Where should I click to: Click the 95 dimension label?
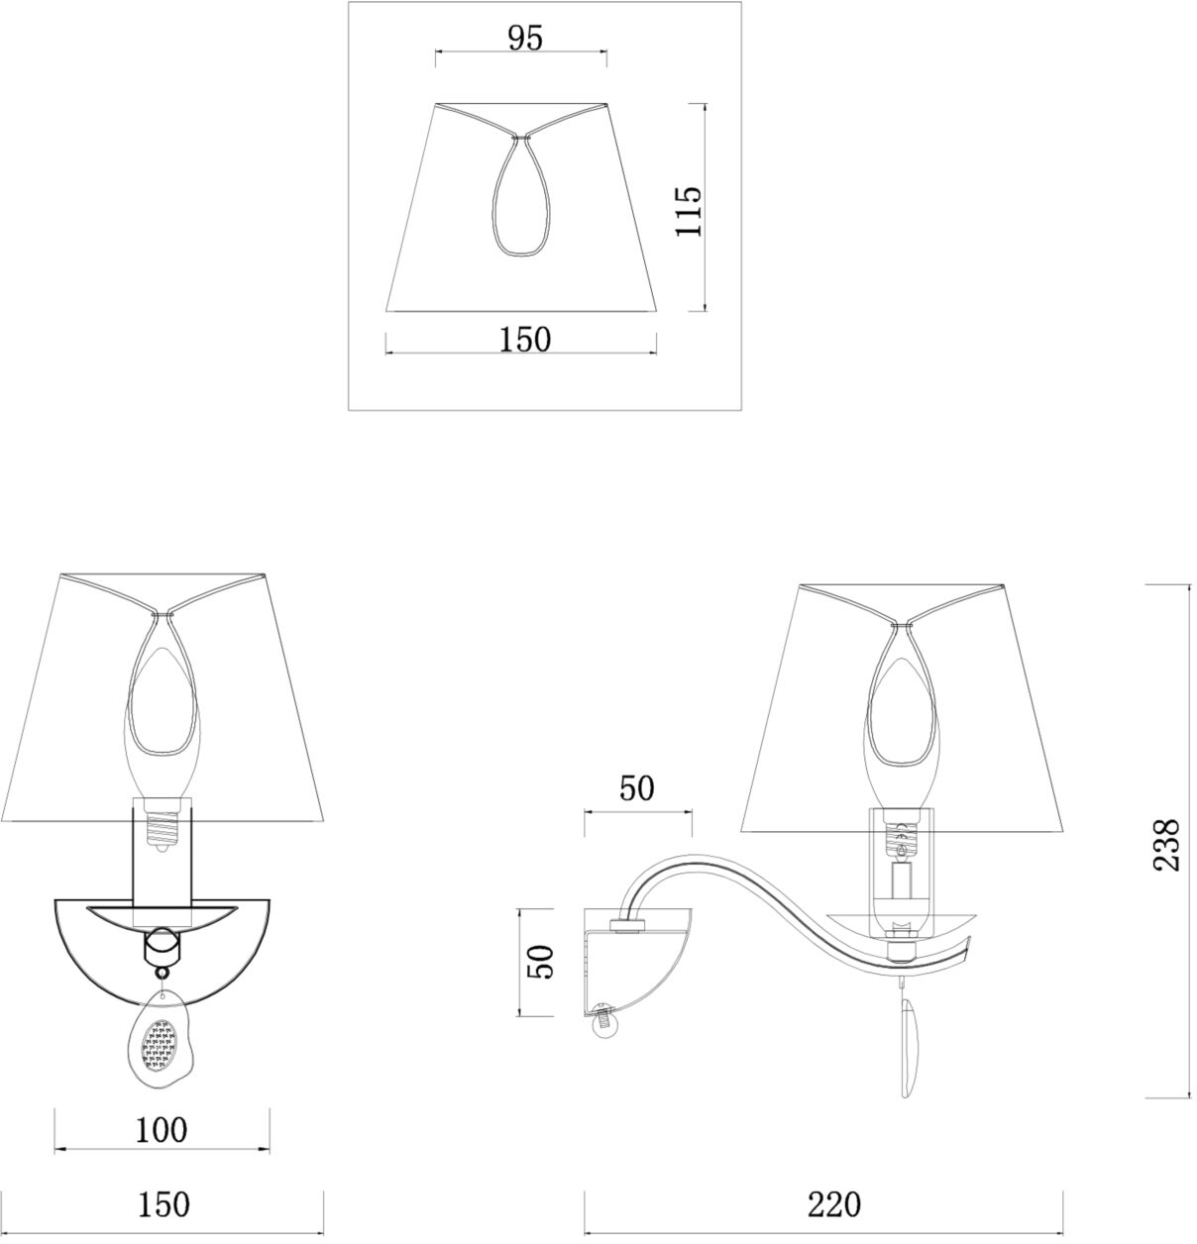click(525, 39)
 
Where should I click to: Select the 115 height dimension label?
click(690, 212)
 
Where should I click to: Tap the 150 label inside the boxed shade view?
click(524, 340)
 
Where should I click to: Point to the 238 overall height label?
click(1165, 845)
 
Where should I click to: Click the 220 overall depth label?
click(833, 1204)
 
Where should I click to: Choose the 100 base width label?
click(162, 1130)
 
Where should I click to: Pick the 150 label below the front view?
click(163, 1204)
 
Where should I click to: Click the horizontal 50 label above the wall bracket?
click(637, 788)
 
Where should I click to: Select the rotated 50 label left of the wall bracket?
click(540, 962)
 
